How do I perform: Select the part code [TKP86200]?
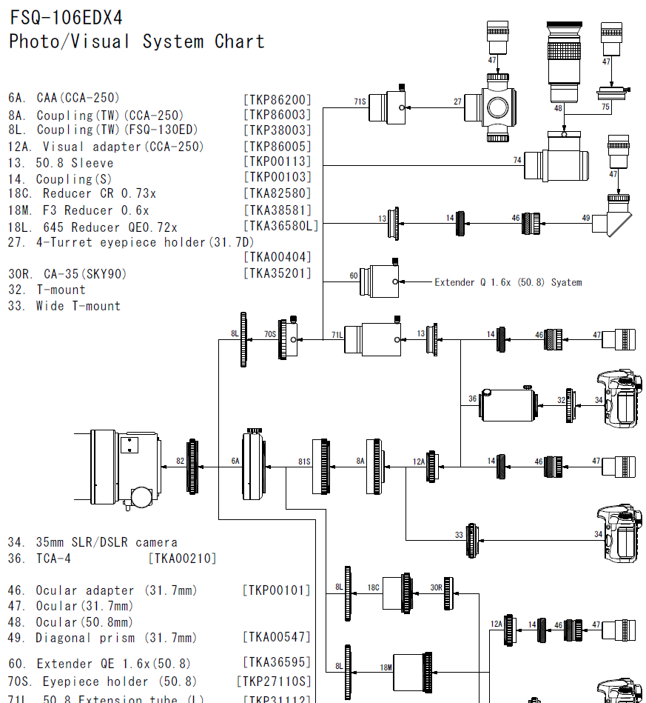tap(277, 99)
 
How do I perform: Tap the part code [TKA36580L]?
tap(280, 227)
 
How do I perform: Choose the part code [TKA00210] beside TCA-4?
tap(182, 559)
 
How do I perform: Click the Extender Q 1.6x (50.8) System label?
tap(508, 282)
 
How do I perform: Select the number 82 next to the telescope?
tap(180, 461)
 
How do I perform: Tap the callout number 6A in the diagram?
tap(235, 461)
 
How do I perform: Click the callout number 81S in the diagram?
tap(304, 461)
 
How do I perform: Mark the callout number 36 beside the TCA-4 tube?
tap(472, 399)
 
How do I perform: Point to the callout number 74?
tap(517, 159)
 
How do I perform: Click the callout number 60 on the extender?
tap(354, 276)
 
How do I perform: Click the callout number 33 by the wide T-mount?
tap(459, 534)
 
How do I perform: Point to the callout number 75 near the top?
tap(605, 107)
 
